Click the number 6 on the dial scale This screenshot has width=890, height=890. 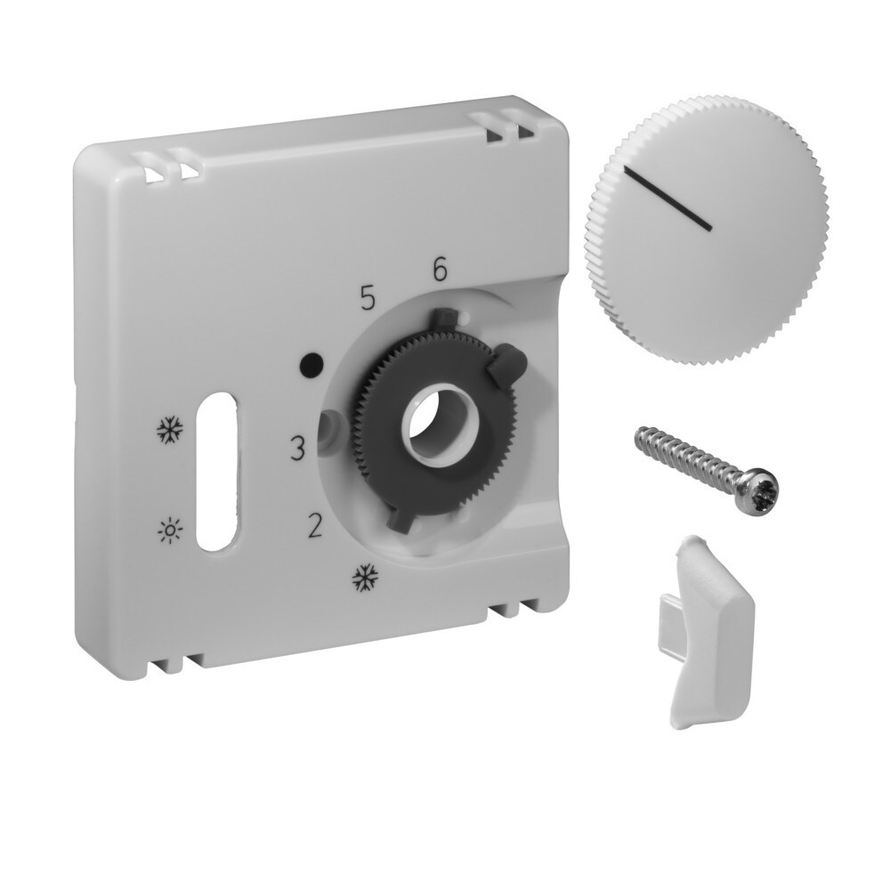(438, 269)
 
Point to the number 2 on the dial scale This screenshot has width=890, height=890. (313, 527)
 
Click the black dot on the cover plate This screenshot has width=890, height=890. (311, 364)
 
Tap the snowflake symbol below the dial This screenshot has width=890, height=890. (362, 578)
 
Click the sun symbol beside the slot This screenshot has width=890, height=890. (167, 531)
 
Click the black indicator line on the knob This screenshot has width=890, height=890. (667, 198)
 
